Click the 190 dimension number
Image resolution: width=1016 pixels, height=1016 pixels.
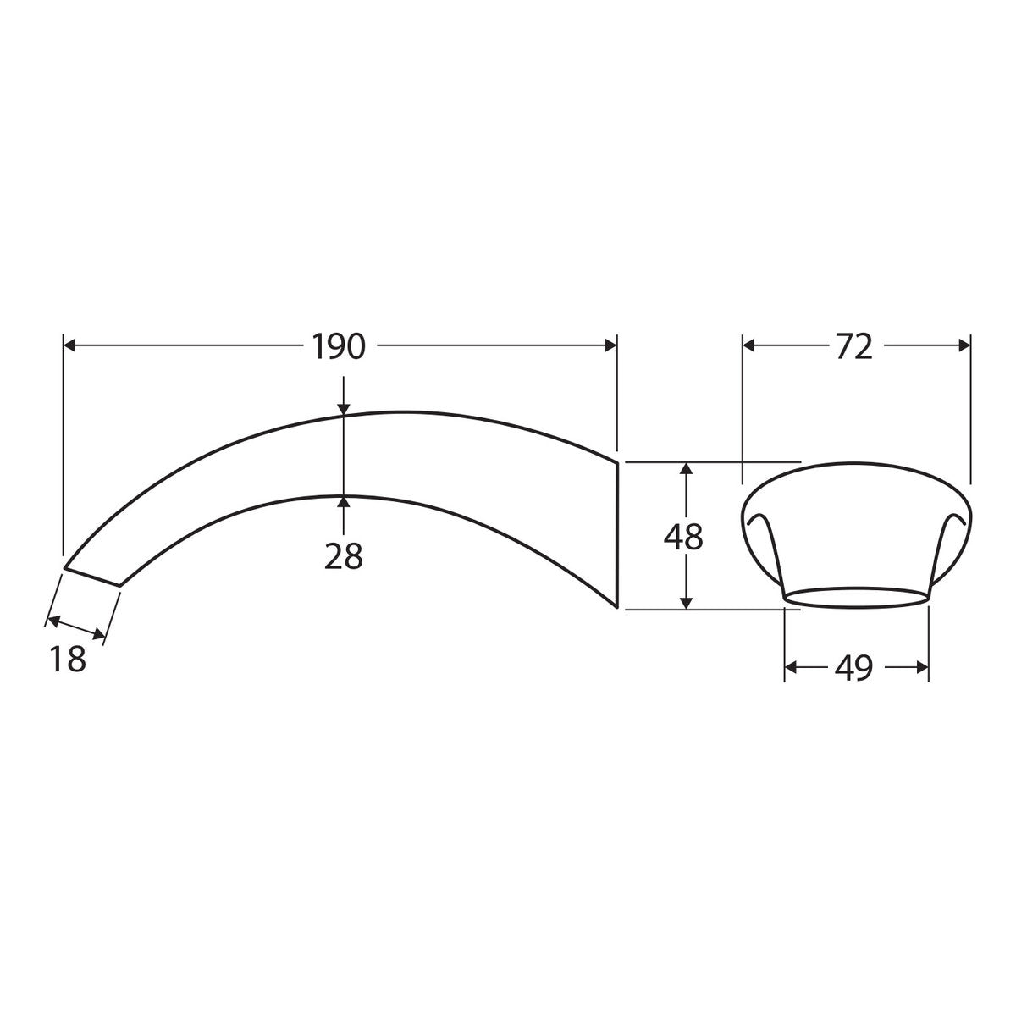click(339, 346)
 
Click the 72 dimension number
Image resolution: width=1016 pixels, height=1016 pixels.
click(854, 346)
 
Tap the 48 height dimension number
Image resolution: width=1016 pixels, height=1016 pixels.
click(683, 538)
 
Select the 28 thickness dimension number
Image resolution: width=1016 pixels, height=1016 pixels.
click(343, 555)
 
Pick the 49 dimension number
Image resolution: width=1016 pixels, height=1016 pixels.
click(853, 668)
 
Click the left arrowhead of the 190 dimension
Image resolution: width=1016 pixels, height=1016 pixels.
click(69, 346)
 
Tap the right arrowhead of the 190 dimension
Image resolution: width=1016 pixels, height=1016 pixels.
click(610, 346)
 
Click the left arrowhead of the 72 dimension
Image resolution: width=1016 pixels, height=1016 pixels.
click(748, 346)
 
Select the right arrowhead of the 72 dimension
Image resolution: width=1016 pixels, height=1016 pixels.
click(964, 346)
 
